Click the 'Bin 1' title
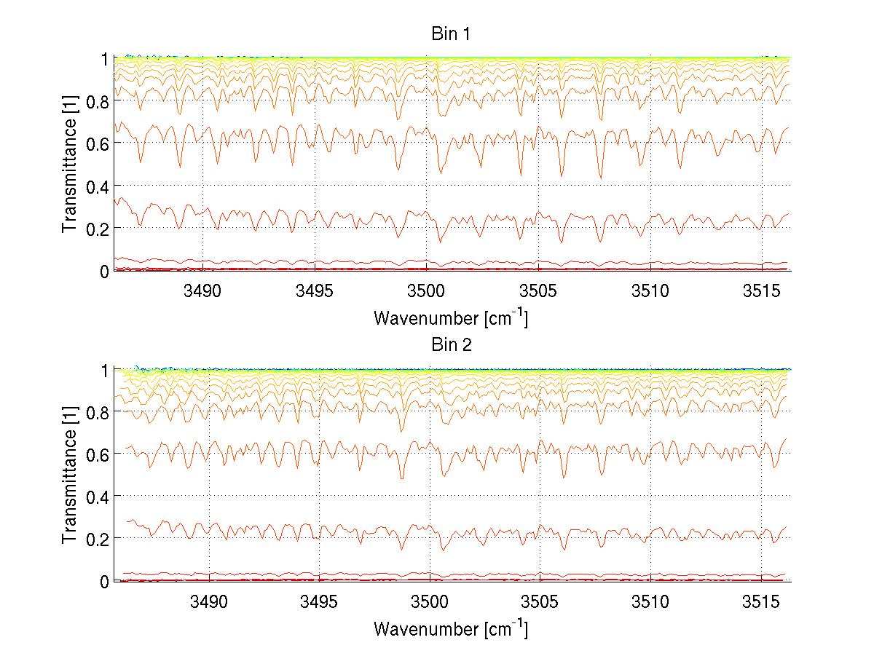click(450, 34)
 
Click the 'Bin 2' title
click(450, 345)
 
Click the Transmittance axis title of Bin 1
click(70, 165)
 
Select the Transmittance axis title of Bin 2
click(70, 475)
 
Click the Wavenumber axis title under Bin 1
click(450, 317)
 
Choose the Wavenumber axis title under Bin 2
click(450, 628)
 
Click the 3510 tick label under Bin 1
click(650, 292)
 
